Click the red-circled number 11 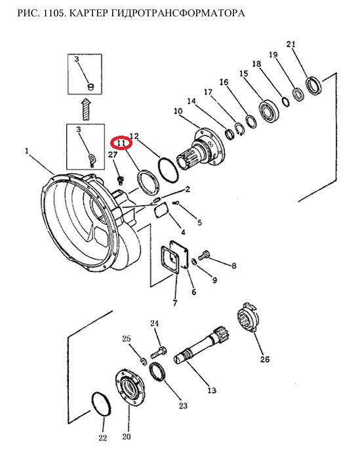(x=121, y=143)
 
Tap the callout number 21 (x=290, y=44)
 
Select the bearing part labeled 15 (x=269, y=111)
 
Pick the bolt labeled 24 (x=159, y=351)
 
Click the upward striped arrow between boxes (x=87, y=109)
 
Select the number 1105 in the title (x=54, y=13)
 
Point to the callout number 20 (x=127, y=437)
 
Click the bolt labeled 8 (x=204, y=254)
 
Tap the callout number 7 (x=174, y=303)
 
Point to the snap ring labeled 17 (x=239, y=129)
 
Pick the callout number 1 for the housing (x=27, y=151)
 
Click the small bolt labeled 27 (x=121, y=180)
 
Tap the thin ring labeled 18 (x=286, y=102)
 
